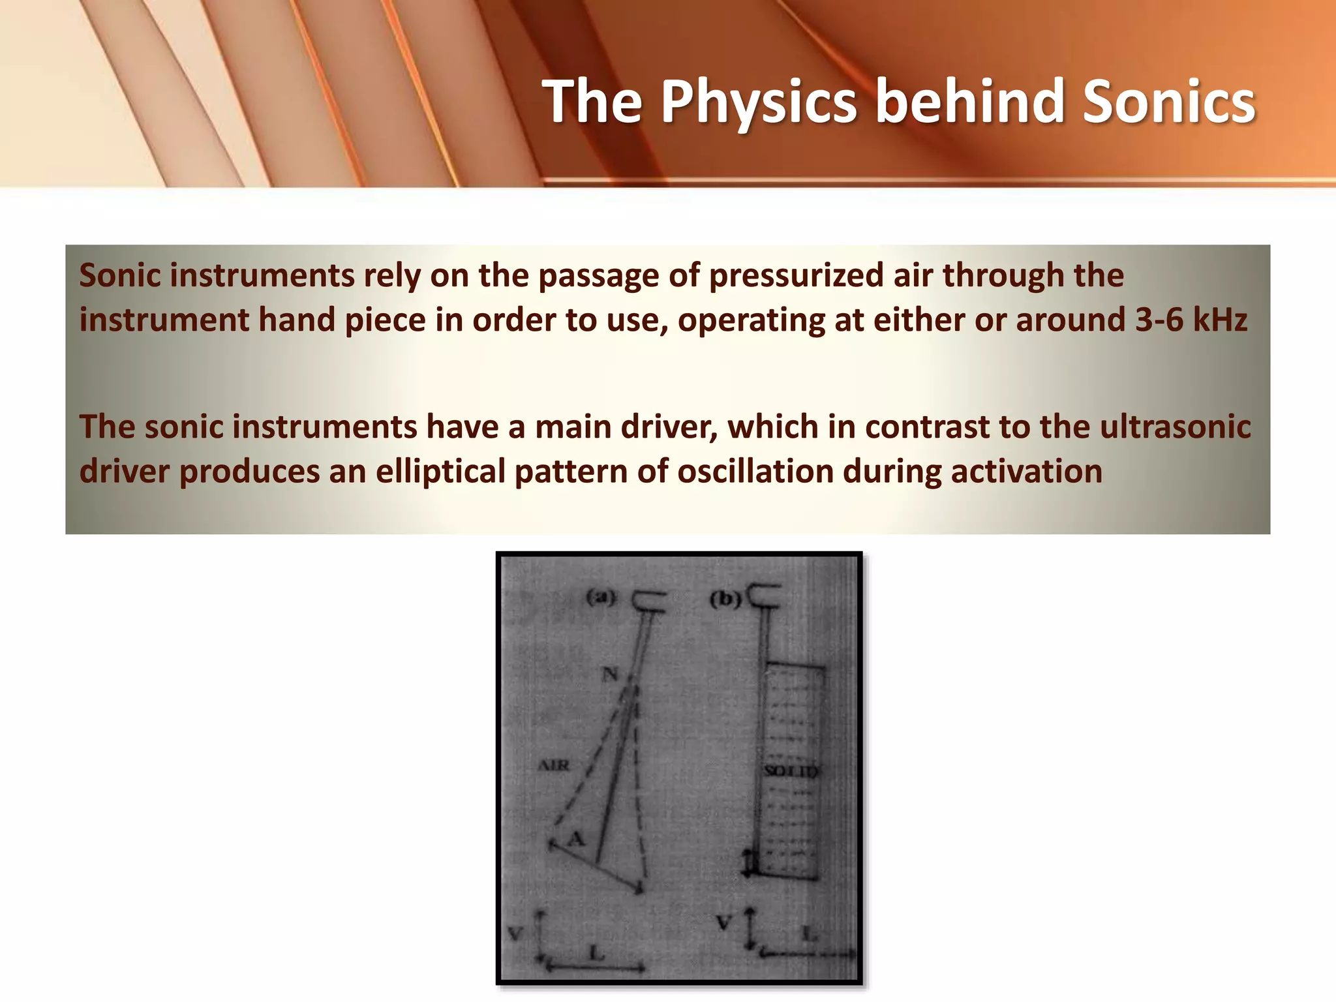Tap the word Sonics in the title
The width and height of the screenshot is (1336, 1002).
click(x=1168, y=102)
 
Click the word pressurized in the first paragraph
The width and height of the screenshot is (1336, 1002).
click(x=796, y=275)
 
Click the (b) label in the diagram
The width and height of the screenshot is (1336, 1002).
click(x=725, y=598)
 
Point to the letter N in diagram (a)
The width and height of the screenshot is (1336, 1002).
click(x=609, y=674)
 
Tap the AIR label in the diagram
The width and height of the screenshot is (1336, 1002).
click(x=553, y=765)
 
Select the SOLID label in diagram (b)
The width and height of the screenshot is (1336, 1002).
click(x=791, y=771)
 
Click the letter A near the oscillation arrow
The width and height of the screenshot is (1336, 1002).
click(x=575, y=839)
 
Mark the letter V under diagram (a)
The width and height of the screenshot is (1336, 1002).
click(x=515, y=934)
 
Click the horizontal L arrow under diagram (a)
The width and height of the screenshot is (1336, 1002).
click(x=595, y=967)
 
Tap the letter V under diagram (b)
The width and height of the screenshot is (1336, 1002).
click(x=723, y=923)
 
